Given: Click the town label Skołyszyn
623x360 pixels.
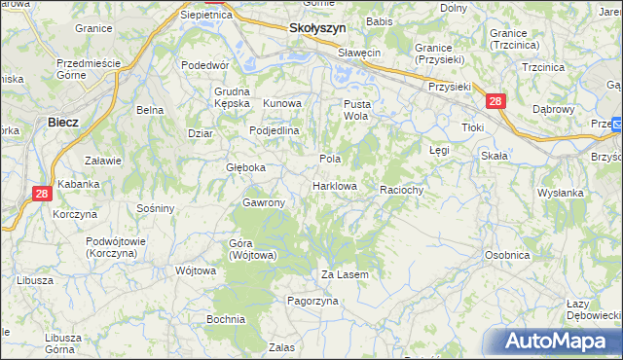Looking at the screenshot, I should pyautogui.click(x=318, y=29).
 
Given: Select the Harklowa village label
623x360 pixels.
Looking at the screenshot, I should pyautogui.click(x=335, y=186).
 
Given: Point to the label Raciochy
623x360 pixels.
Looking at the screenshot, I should pyautogui.click(x=402, y=190).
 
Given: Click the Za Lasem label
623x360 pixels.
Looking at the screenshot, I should pyautogui.click(x=346, y=275).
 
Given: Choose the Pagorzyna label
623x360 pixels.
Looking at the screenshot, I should pyautogui.click(x=311, y=302).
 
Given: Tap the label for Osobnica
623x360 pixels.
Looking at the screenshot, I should pyautogui.click(x=507, y=255).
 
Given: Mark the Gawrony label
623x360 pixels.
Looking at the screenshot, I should pyautogui.click(x=263, y=202).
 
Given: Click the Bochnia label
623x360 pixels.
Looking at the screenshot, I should pyautogui.click(x=225, y=318).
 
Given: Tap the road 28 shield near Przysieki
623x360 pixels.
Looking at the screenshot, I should pyautogui.click(x=495, y=101).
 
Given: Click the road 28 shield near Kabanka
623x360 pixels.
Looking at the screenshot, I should pyautogui.click(x=42, y=194).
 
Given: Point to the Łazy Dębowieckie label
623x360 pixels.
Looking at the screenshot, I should pyautogui.click(x=592, y=310).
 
